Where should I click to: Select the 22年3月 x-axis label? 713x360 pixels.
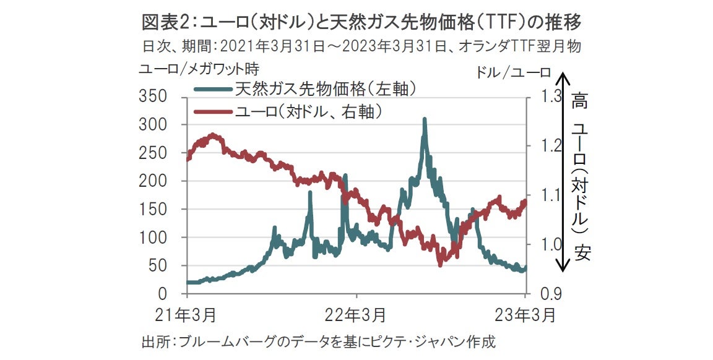tap(355, 315)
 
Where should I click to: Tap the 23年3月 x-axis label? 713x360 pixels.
tap(525, 315)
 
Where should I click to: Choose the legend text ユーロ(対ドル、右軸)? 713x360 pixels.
tap(307, 111)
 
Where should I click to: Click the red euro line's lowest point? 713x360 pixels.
tap(440, 265)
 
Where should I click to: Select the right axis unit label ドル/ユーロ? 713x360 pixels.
tap(513, 72)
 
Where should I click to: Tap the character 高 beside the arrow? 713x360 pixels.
tap(580, 100)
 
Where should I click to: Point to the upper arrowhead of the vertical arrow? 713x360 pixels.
tap(562, 78)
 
